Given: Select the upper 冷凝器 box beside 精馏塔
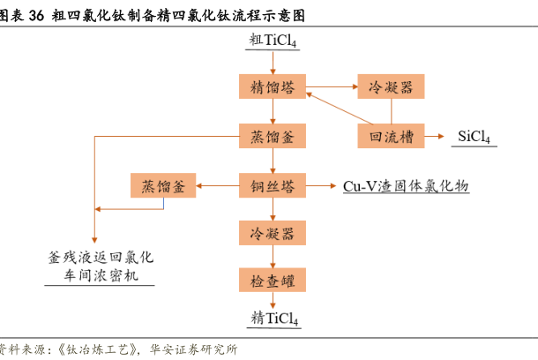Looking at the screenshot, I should tap(391, 86).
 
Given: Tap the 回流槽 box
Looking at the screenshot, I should tap(391, 136).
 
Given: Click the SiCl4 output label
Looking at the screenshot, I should tap(474, 137).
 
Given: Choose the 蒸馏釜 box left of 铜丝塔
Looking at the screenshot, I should tap(163, 186).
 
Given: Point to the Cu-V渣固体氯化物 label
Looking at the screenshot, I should tap(405, 186).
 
